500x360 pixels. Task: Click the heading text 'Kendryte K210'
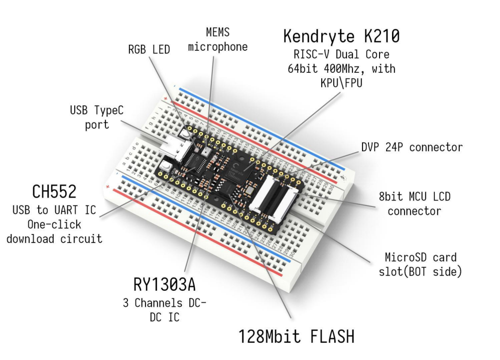coord(341,36)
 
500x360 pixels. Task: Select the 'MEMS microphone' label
coord(218,39)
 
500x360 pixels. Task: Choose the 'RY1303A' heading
coord(165,285)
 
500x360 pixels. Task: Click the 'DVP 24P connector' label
coord(412,148)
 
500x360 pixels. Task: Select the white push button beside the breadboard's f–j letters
coord(186,132)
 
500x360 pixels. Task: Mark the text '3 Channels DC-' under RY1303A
coord(165,304)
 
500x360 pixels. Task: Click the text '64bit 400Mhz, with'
coord(341,69)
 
